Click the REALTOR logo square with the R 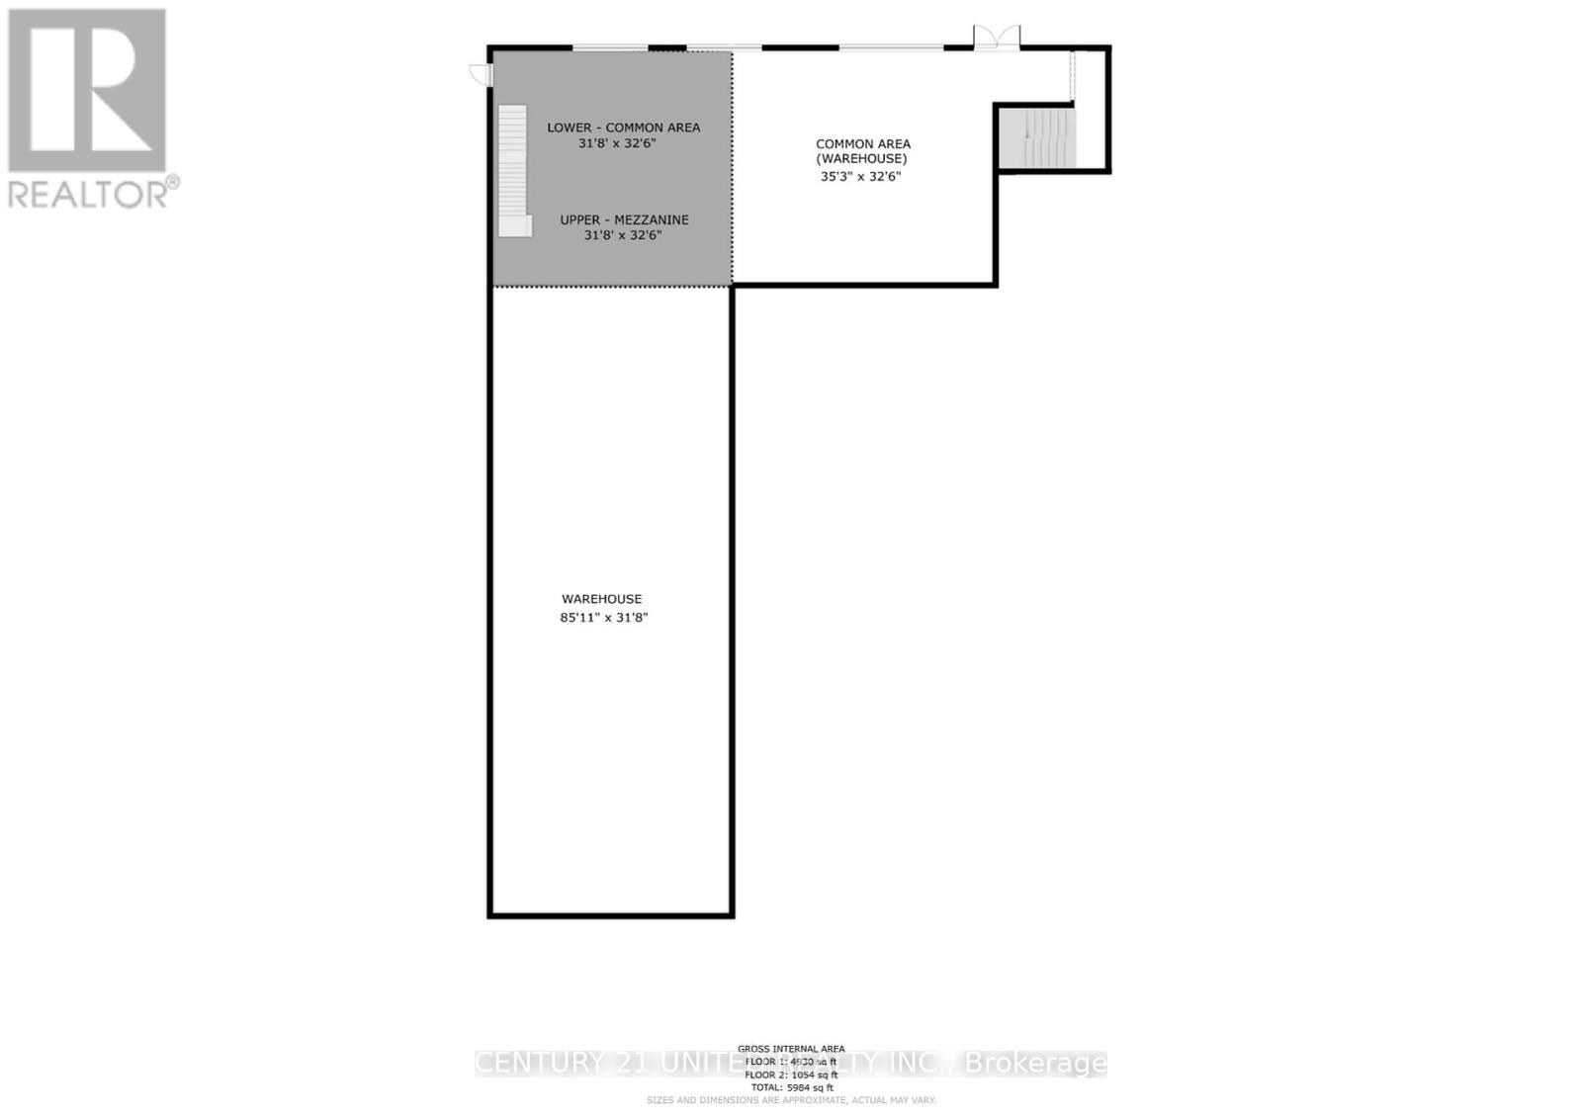click(x=87, y=91)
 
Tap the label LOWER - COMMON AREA click(x=623, y=128)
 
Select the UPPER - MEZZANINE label click(x=624, y=219)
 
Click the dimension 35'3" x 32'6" click(x=860, y=177)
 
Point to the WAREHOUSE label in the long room click(x=601, y=599)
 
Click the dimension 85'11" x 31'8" click(x=603, y=618)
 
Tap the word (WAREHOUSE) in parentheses click(x=861, y=159)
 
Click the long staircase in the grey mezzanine click(x=512, y=168)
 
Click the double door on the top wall click(x=996, y=38)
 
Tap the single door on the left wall click(x=480, y=73)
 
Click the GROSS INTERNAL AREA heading click(x=791, y=1049)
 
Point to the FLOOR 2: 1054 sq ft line click(x=791, y=1075)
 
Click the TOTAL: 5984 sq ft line click(x=791, y=1087)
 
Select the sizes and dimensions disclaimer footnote click(x=791, y=1100)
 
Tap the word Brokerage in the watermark click(x=1035, y=1063)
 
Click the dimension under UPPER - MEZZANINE click(x=622, y=235)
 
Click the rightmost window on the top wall click(x=891, y=46)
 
